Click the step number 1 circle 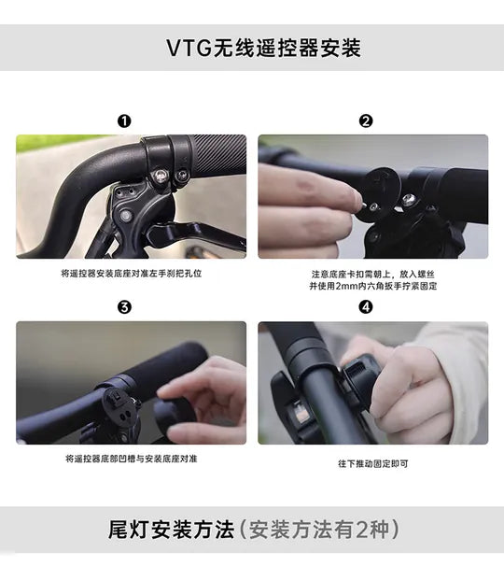(124, 120)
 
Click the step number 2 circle (366, 120)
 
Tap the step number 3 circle (124, 307)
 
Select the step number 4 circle (366, 307)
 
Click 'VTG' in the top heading (189, 48)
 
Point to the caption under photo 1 (132, 274)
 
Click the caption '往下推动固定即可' (373, 463)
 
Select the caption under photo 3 (132, 459)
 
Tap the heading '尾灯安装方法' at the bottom (172, 530)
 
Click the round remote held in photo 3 (175, 416)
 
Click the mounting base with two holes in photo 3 (120, 408)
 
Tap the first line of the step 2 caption (373, 275)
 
